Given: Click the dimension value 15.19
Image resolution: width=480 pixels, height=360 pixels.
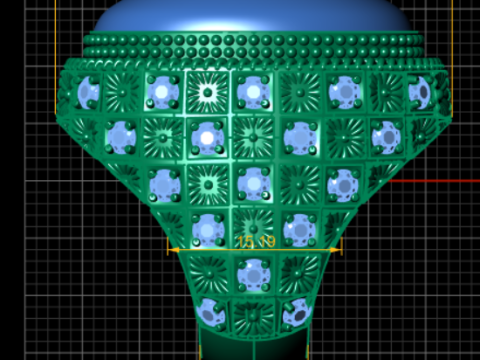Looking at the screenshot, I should [x=255, y=242].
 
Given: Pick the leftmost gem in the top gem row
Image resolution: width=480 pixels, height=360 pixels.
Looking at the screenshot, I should [x=87, y=93].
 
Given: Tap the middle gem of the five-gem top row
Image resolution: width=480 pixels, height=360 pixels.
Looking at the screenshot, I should [x=251, y=92].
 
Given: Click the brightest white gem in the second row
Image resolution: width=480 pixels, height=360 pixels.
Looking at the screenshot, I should [x=207, y=135].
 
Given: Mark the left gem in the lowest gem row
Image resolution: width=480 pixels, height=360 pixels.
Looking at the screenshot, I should [x=209, y=311].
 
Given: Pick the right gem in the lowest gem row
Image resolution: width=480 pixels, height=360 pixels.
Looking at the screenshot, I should [x=293, y=311].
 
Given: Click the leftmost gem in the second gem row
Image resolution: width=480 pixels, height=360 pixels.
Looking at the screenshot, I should [x=120, y=135].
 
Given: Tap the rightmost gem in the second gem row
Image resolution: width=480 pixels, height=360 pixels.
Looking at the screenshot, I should [x=385, y=135].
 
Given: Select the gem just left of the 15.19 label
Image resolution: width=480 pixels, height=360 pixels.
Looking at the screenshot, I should [x=208, y=229].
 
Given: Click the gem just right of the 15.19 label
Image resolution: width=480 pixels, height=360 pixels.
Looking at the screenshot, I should [x=297, y=229].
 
